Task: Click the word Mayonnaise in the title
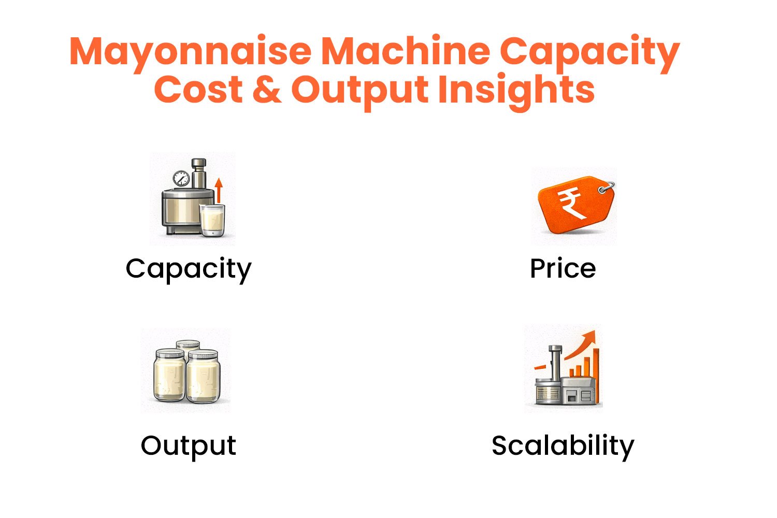[190, 52]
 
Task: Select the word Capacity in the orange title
[589, 52]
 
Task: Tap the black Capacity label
[188, 269]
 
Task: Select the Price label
[563, 269]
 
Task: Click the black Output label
[188, 445]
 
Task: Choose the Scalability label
[563, 445]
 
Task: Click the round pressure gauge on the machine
[181, 179]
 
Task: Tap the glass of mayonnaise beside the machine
[212, 220]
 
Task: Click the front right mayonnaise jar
[203, 377]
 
